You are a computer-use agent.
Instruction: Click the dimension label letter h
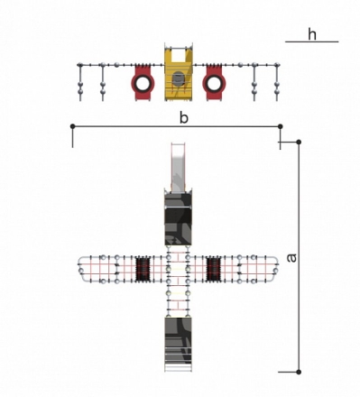pyautogui.click(x=312, y=34)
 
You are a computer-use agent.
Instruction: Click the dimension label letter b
pyautogui.click(x=184, y=117)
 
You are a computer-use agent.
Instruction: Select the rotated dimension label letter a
pyautogui.click(x=291, y=258)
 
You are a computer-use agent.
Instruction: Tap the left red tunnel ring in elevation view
pyautogui.click(x=143, y=83)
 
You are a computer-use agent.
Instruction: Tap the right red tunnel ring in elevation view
pyautogui.click(x=214, y=83)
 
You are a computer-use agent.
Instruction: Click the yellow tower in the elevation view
pyautogui.click(x=179, y=72)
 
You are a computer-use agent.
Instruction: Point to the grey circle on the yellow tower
pyautogui.click(x=179, y=78)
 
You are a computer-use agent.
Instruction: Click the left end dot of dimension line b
pyautogui.click(x=72, y=126)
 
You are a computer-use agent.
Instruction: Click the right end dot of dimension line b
pyautogui.click(x=281, y=126)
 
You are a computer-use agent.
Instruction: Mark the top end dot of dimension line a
pyautogui.click(x=299, y=142)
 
